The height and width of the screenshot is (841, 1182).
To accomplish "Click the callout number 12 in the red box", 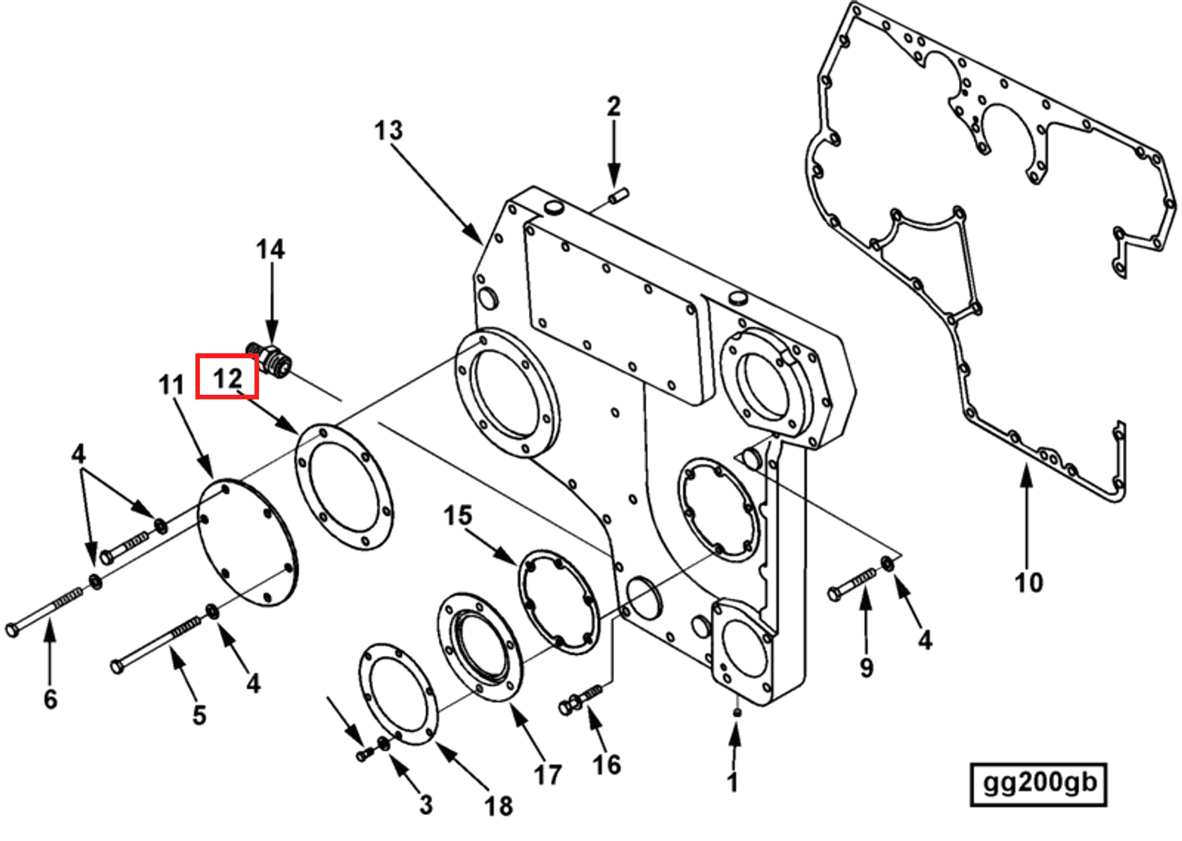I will pyautogui.click(x=227, y=378).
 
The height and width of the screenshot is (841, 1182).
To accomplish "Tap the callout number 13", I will pyautogui.click(x=388, y=130).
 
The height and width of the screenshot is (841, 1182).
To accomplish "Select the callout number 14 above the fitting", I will pyautogui.click(x=270, y=249).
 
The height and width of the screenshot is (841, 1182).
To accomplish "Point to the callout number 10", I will pyautogui.click(x=1028, y=583).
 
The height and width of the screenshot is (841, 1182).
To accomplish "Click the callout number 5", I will pyautogui.click(x=199, y=715).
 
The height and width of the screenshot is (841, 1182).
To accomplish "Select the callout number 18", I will pyautogui.click(x=498, y=806).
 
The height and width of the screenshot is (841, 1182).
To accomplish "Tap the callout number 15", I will pyautogui.click(x=457, y=515).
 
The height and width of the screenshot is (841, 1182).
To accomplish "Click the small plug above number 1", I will pyautogui.click(x=737, y=712).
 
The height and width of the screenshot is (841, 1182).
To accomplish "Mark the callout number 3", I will pyautogui.click(x=426, y=804).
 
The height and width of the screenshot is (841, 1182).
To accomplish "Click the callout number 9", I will pyautogui.click(x=867, y=667).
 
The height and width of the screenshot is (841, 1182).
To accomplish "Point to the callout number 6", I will pyautogui.click(x=50, y=699).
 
